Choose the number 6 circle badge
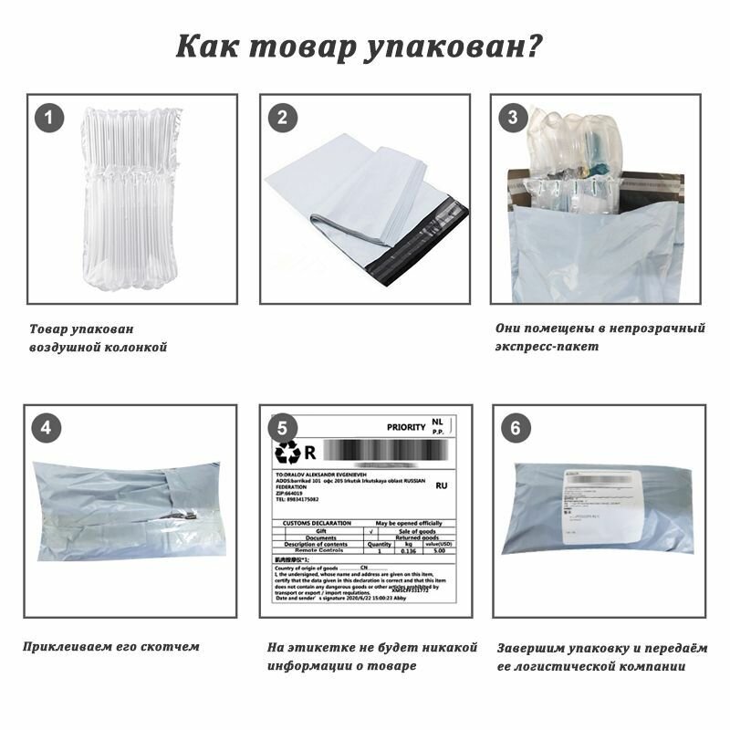(x=516, y=428)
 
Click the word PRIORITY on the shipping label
(x=406, y=426)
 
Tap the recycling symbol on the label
(x=288, y=452)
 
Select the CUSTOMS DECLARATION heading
(x=314, y=523)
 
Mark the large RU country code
(x=442, y=487)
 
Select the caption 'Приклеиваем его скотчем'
(x=110, y=647)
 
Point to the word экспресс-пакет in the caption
(x=547, y=347)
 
